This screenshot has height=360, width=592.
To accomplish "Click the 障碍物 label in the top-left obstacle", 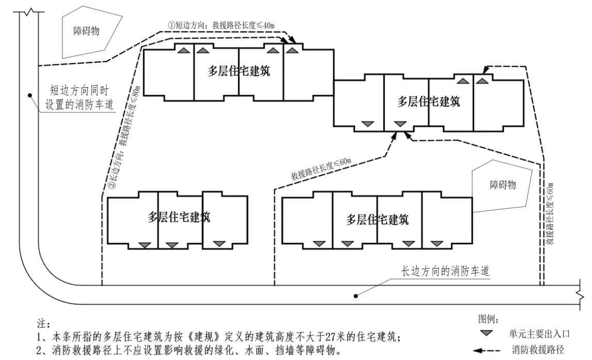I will [86, 31].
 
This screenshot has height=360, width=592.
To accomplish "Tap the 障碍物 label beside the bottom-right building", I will [503, 185].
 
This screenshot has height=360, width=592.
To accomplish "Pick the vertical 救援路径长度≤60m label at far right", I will [551, 213].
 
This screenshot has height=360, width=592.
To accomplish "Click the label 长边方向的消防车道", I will [446, 271].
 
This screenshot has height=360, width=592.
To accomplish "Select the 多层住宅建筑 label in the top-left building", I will [239, 70].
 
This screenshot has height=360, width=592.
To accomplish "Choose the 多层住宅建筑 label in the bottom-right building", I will [378, 218].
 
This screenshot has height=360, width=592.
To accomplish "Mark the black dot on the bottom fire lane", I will [355, 296].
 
